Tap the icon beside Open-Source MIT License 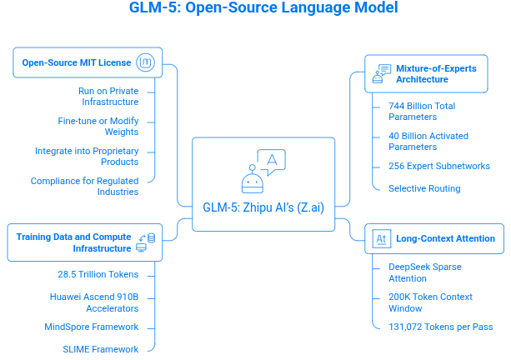point(146,62)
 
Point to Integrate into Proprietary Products point(87,156)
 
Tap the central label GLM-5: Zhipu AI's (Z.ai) point(263,207)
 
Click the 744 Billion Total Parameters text point(422,112)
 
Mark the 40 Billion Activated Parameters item point(428,141)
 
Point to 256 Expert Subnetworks point(438,166)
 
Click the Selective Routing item point(424,188)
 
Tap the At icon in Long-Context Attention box point(381,238)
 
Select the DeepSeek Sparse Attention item point(425,272)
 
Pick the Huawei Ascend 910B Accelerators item point(94,301)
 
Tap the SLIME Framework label point(100,348)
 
